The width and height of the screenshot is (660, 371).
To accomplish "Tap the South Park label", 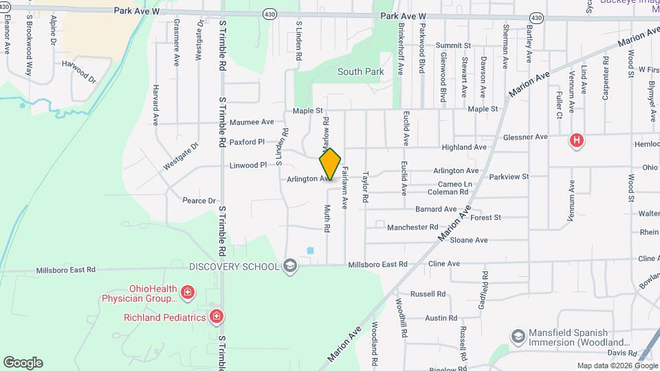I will coord(360,71).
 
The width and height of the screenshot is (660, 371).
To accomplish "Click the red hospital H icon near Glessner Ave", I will coord(577,141).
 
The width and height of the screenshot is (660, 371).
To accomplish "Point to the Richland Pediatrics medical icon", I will coord(217,317).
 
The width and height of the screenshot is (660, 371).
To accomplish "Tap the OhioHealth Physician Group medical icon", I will coord(188,295).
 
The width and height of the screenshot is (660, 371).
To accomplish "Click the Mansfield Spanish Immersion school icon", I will coord(518,336).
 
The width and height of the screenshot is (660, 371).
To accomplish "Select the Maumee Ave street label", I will coord(252,122).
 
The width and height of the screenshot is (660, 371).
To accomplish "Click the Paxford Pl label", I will coord(247,142).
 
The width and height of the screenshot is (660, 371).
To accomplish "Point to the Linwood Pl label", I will coord(247,166).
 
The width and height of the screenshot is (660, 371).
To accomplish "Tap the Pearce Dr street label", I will coord(199,201).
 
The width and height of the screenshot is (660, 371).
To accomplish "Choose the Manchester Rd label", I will coord(412,227).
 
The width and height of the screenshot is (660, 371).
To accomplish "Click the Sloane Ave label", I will coord(468,240).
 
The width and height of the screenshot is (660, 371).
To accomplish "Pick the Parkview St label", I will coord(509,177).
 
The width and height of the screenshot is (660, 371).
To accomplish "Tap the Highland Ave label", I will coord(464,147).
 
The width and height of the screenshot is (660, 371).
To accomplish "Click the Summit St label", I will coord(452,45).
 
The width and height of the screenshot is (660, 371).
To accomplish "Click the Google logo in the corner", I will coord(23,362).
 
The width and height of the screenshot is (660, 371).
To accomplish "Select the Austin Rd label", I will coord(437,318).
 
